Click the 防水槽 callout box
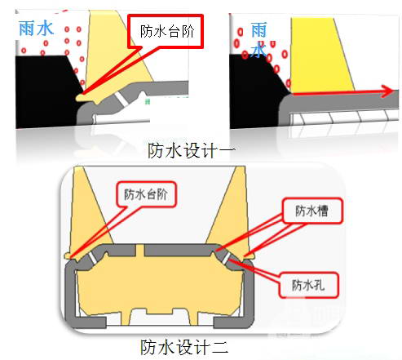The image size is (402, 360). coord(312,211)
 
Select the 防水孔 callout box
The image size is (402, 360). coord(309,285)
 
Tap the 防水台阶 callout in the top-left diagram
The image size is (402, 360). coord(166,31)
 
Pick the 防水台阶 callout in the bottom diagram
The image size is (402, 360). coord(146,194)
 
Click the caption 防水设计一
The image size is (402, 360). coord(191,150)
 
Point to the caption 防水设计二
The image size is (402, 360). coord(184,347)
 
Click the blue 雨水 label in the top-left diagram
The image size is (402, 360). coord(36,29)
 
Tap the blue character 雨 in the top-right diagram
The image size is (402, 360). coord(258,30)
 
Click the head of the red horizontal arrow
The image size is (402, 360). coord(388,91)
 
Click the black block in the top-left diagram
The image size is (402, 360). coord(46,91)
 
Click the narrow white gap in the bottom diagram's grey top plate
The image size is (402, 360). coord(139,251)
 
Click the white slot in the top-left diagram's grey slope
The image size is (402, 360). coord(121,99)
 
